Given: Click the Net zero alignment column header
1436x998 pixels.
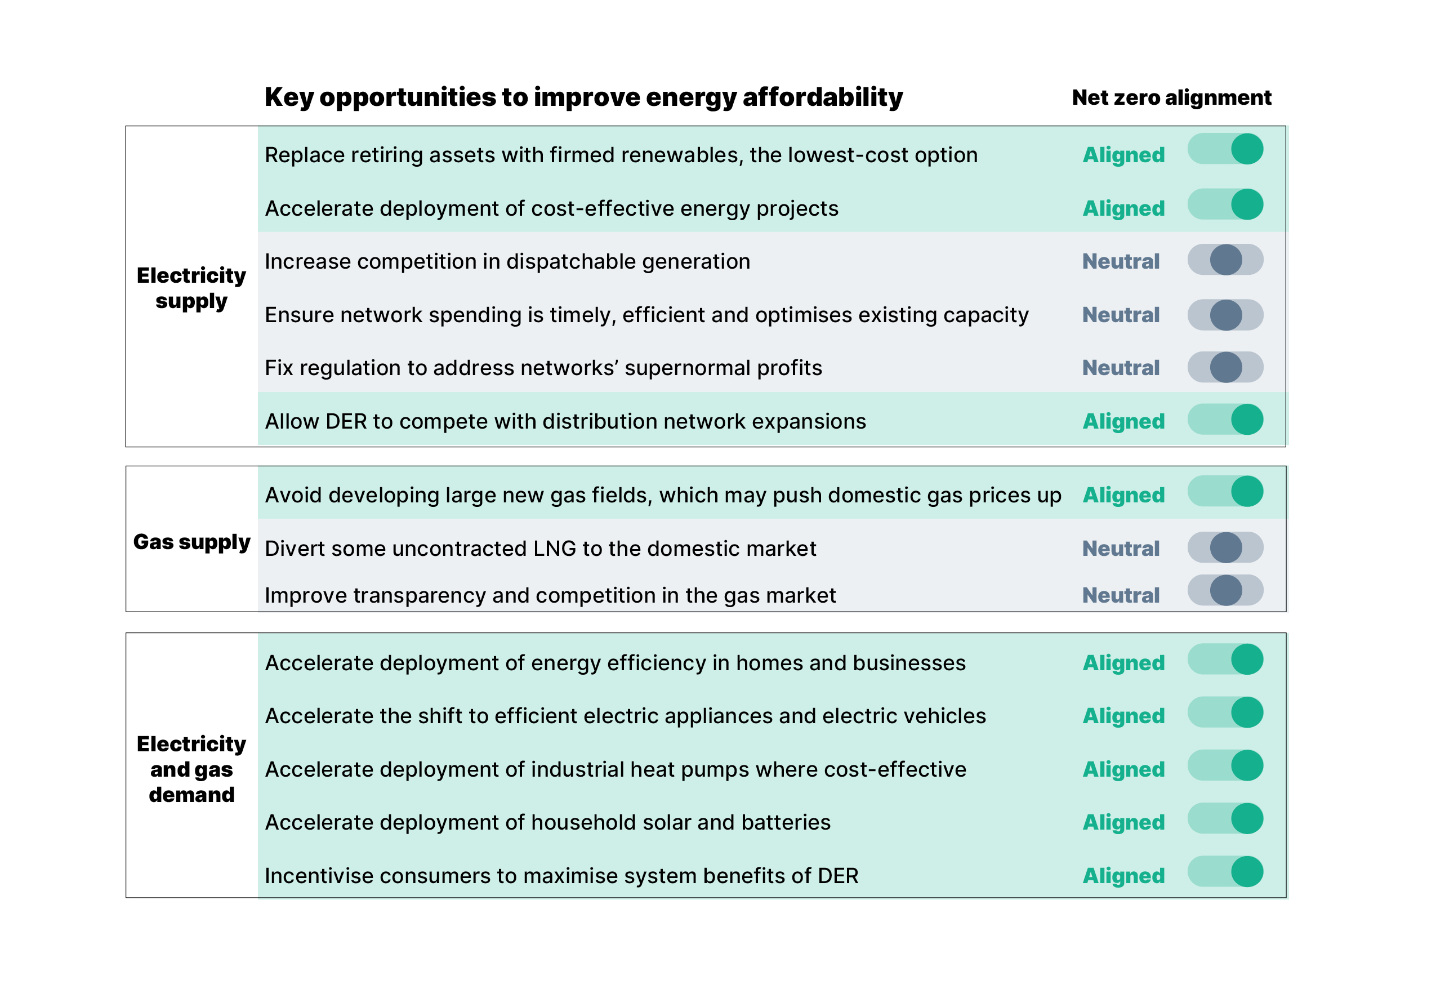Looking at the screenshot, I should click(1171, 97).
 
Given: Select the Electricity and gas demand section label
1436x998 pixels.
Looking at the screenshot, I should click(191, 769).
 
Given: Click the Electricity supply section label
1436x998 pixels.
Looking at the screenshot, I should click(191, 288).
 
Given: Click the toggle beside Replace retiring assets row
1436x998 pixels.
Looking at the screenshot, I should click(1225, 149).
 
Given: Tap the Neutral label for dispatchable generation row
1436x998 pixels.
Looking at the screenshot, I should click(1120, 261).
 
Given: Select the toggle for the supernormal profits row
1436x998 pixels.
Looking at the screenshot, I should click(1225, 367).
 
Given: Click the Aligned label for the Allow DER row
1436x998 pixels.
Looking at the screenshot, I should click(1123, 421).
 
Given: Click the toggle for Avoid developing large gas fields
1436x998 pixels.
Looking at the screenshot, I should click(1225, 491).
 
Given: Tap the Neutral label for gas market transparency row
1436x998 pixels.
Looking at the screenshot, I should click(1120, 595).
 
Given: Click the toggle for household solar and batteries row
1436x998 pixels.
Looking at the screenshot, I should click(1225, 818).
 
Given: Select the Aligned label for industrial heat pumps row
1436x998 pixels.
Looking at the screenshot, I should click(1123, 769).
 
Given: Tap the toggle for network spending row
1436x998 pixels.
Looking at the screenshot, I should click(1225, 314).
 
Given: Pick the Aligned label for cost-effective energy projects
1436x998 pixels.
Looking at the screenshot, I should click(1123, 208).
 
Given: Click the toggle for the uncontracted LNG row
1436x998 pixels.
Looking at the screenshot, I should click(1225, 548).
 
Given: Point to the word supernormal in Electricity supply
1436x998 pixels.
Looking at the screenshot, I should click(687, 368).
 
